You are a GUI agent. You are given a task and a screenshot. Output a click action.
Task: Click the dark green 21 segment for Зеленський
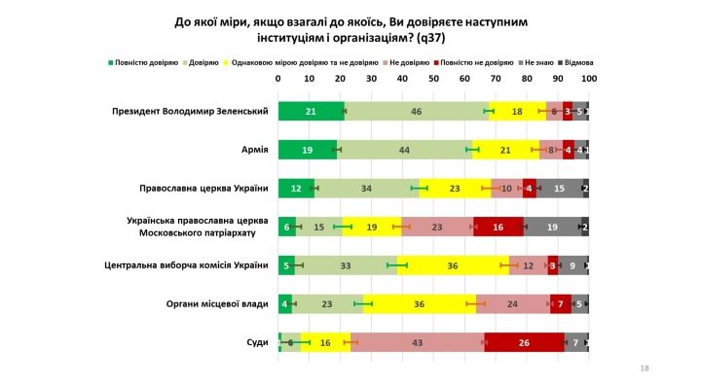click(311, 112)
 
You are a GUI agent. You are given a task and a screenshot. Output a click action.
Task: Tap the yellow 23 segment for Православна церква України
click(455, 189)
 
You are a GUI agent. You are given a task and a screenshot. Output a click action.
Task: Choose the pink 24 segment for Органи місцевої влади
click(512, 303)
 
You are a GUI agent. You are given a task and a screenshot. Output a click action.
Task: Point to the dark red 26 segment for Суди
click(524, 341)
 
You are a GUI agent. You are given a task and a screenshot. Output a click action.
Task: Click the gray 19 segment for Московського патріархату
click(552, 227)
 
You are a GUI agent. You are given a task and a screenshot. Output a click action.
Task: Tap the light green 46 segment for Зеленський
click(416, 112)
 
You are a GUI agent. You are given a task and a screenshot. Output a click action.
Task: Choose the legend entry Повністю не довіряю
click(478, 62)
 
